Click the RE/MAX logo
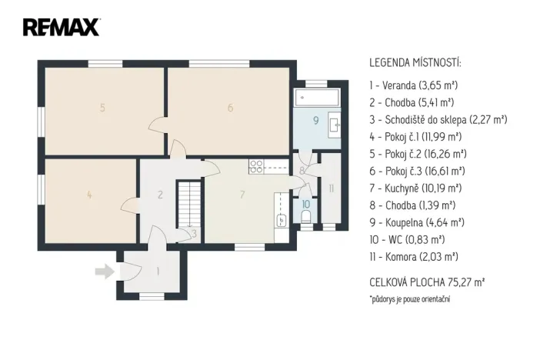(x=61, y=28)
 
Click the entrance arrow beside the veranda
(x=103, y=271)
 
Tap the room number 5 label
(x=102, y=108)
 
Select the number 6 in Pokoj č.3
(x=230, y=108)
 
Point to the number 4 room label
(x=89, y=195)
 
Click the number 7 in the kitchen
(x=242, y=195)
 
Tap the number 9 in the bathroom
(x=315, y=121)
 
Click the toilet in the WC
(x=307, y=218)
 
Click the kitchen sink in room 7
(x=282, y=220)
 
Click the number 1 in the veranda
(x=158, y=271)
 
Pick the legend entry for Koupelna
(x=416, y=222)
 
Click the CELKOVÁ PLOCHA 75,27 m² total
(x=426, y=282)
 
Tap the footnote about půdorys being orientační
(x=409, y=298)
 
